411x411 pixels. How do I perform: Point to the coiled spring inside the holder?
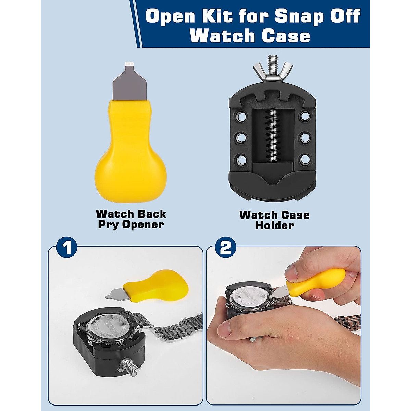273,135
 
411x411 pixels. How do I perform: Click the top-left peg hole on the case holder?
241,116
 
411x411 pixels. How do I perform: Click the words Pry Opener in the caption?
130,225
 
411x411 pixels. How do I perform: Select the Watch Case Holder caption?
274,220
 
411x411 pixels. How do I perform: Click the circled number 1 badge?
67,248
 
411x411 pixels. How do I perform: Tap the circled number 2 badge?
226,248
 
